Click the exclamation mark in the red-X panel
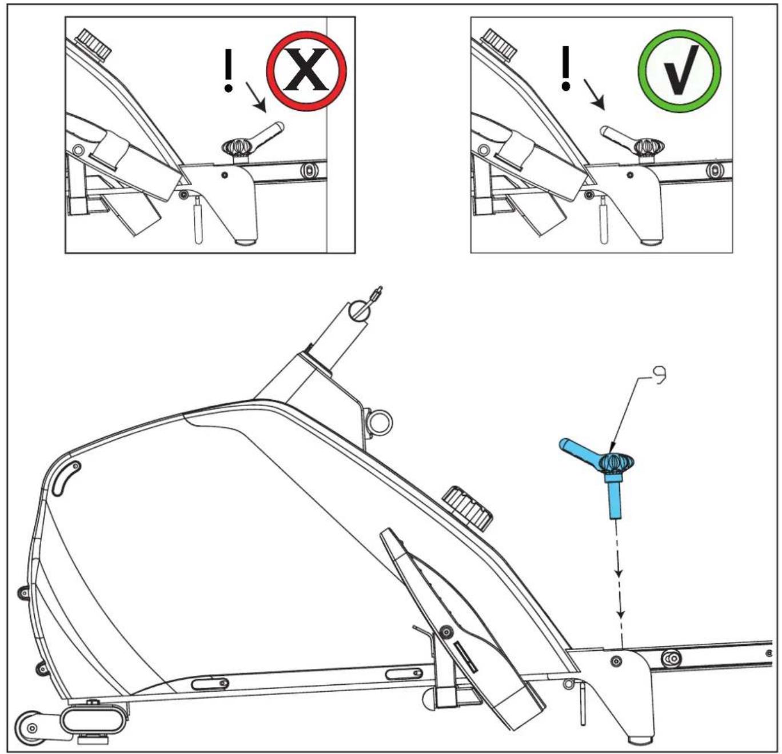tap(229, 71)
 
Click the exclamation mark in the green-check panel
tap(566, 68)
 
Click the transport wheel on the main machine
tap(30, 727)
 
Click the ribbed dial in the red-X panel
tap(94, 44)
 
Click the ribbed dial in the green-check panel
tap(500, 44)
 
